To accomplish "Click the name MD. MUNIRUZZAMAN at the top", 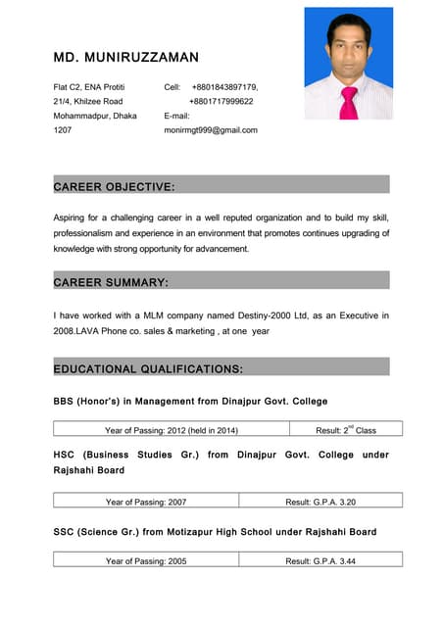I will click(125, 58).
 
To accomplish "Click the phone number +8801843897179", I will click(224, 87).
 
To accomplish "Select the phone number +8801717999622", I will click(221, 101).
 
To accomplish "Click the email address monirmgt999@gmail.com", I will click(211, 129).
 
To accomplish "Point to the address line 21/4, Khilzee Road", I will click(88, 101).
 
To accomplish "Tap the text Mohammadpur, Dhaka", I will click(95, 116).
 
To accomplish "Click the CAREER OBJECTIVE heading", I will click(115, 185).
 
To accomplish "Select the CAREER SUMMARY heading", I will click(111, 282).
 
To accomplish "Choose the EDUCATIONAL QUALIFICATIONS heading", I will click(148, 369).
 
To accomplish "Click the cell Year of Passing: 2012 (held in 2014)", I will click(172, 430).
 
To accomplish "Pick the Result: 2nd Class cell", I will click(345, 430).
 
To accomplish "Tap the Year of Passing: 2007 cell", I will click(146, 502).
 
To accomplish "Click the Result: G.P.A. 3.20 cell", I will click(320, 502).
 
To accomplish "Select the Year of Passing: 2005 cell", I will click(146, 561).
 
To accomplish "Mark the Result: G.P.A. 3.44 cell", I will click(320, 561).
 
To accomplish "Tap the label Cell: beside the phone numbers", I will click(172, 87).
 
